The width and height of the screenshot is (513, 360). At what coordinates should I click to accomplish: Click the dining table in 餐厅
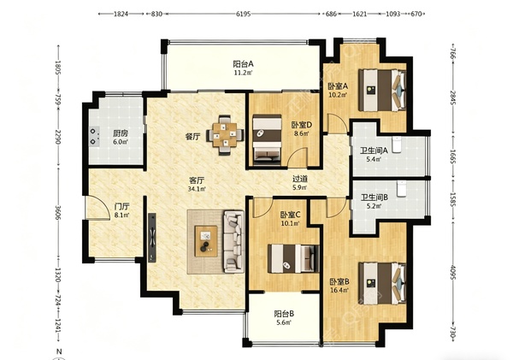[x=225, y=134]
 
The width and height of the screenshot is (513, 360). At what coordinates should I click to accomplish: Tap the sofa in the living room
[x=234, y=241]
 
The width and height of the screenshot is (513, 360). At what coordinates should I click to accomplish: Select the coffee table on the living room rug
[x=206, y=241]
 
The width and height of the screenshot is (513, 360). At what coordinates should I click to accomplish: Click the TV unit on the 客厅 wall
[x=152, y=238]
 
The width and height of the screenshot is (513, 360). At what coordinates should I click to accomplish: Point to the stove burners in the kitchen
[x=94, y=137]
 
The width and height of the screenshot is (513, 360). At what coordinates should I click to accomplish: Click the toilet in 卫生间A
[x=397, y=145]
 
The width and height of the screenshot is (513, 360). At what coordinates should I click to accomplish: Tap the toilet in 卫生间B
[x=402, y=189]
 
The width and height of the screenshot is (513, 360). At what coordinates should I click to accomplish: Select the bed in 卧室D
[x=268, y=139]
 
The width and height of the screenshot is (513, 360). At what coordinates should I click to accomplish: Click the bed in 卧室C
[x=293, y=258]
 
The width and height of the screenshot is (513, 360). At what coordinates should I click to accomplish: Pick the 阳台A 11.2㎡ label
[x=243, y=68]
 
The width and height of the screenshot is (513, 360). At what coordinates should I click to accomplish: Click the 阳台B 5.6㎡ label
[x=284, y=318]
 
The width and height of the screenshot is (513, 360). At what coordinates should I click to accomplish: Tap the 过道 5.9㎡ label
[x=300, y=183]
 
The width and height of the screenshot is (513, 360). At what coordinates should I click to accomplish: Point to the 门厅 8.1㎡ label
[x=122, y=210]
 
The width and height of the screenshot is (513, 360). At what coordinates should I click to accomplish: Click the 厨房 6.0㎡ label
[x=120, y=137]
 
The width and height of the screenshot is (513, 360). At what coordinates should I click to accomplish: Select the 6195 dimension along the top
[x=243, y=14]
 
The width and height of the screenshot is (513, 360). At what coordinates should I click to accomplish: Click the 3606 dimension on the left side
[x=58, y=213]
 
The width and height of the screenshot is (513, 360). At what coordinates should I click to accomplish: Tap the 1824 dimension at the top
[x=121, y=14]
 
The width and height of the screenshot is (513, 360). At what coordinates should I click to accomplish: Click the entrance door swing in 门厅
[x=97, y=208]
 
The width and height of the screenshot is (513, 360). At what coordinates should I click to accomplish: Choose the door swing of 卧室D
[x=298, y=156]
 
